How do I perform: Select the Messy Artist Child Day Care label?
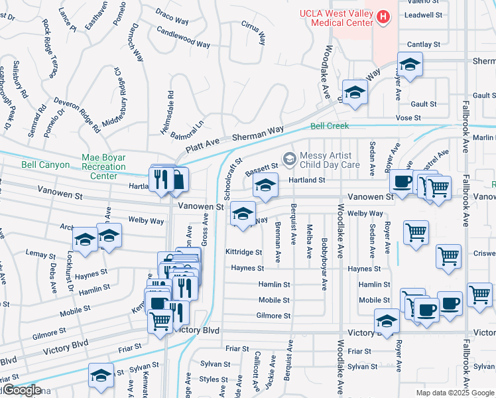[330, 160]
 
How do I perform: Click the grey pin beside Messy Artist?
[288, 158]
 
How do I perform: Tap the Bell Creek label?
[330, 126]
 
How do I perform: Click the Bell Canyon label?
[45, 165]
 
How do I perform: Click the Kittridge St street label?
[244, 252]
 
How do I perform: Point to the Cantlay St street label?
[424, 44]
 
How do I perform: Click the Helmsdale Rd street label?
[172, 109]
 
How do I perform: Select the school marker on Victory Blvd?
[387, 321]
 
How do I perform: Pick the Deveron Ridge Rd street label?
[77, 115]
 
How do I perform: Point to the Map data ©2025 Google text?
[454, 393]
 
